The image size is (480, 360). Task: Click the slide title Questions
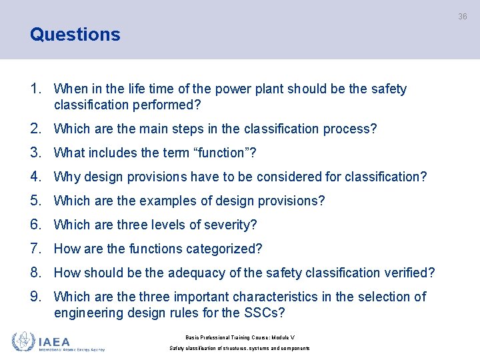pyautogui.click(x=75, y=35)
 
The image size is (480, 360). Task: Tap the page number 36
pyautogui.click(x=462, y=17)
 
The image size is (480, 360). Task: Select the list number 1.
pyautogui.click(x=37, y=89)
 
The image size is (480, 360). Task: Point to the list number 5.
pyautogui.click(x=37, y=201)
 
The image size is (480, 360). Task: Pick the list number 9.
pyautogui.click(x=37, y=297)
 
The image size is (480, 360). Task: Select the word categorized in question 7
pyautogui.click(x=224, y=249)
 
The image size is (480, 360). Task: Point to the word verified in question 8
pyautogui.click(x=410, y=273)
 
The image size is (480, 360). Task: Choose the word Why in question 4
pyautogui.click(x=65, y=177)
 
